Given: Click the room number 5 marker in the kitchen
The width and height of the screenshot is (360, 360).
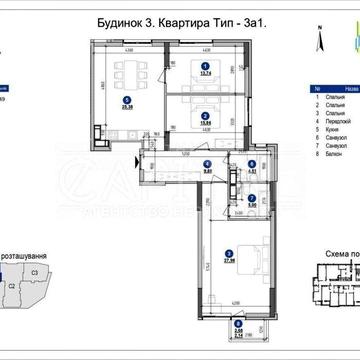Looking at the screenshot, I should point(127,99).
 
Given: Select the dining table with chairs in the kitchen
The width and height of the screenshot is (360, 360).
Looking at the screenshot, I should point(127,74).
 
